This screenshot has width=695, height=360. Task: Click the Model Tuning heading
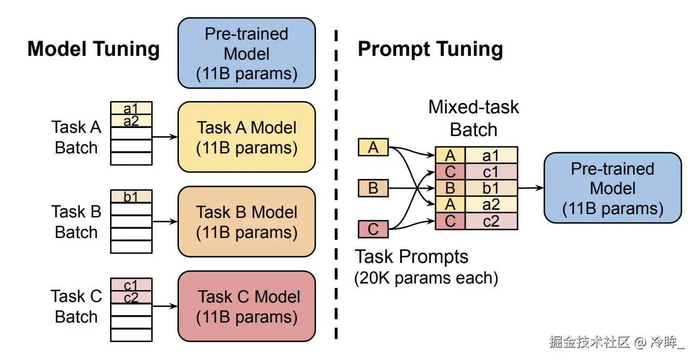click(93, 49)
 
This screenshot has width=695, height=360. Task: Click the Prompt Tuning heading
click(430, 49)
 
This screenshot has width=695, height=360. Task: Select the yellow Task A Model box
click(247, 137)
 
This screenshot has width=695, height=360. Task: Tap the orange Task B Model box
click(247, 222)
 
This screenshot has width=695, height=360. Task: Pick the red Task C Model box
click(247, 306)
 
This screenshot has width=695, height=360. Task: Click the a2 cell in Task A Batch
click(131, 121)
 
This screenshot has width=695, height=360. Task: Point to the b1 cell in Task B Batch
click(131, 196)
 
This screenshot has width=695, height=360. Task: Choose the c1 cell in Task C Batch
click(131, 285)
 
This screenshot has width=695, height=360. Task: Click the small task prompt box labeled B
click(373, 188)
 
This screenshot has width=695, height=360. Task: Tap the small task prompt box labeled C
click(373, 229)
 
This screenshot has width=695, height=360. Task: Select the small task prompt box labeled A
click(373, 147)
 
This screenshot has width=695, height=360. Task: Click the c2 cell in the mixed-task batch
click(491, 221)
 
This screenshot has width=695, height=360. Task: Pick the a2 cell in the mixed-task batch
click(491, 204)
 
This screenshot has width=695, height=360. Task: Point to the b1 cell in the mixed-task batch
click(491, 188)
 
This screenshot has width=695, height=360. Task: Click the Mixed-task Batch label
click(474, 118)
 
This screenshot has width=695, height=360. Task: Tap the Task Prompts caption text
click(411, 256)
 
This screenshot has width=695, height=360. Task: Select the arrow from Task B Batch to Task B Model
click(165, 221)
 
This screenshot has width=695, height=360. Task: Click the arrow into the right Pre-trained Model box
click(531, 188)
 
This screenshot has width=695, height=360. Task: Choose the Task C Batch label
click(76, 306)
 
